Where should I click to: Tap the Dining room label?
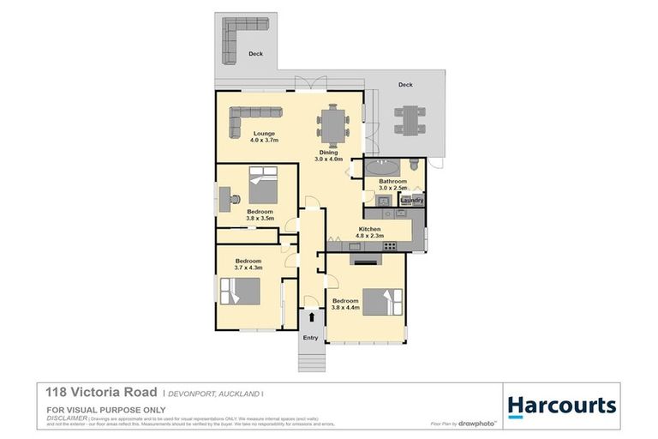(x=328, y=155)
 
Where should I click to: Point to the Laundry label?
(x=412, y=201)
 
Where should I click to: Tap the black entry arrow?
(x=311, y=318)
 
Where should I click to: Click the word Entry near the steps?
(x=310, y=337)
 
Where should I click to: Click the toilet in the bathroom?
(x=415, y=164)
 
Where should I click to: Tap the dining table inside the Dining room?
(x=332, y=125)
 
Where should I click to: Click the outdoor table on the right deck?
(x=410, y=118)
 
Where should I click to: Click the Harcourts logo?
(x=561, y=405)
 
